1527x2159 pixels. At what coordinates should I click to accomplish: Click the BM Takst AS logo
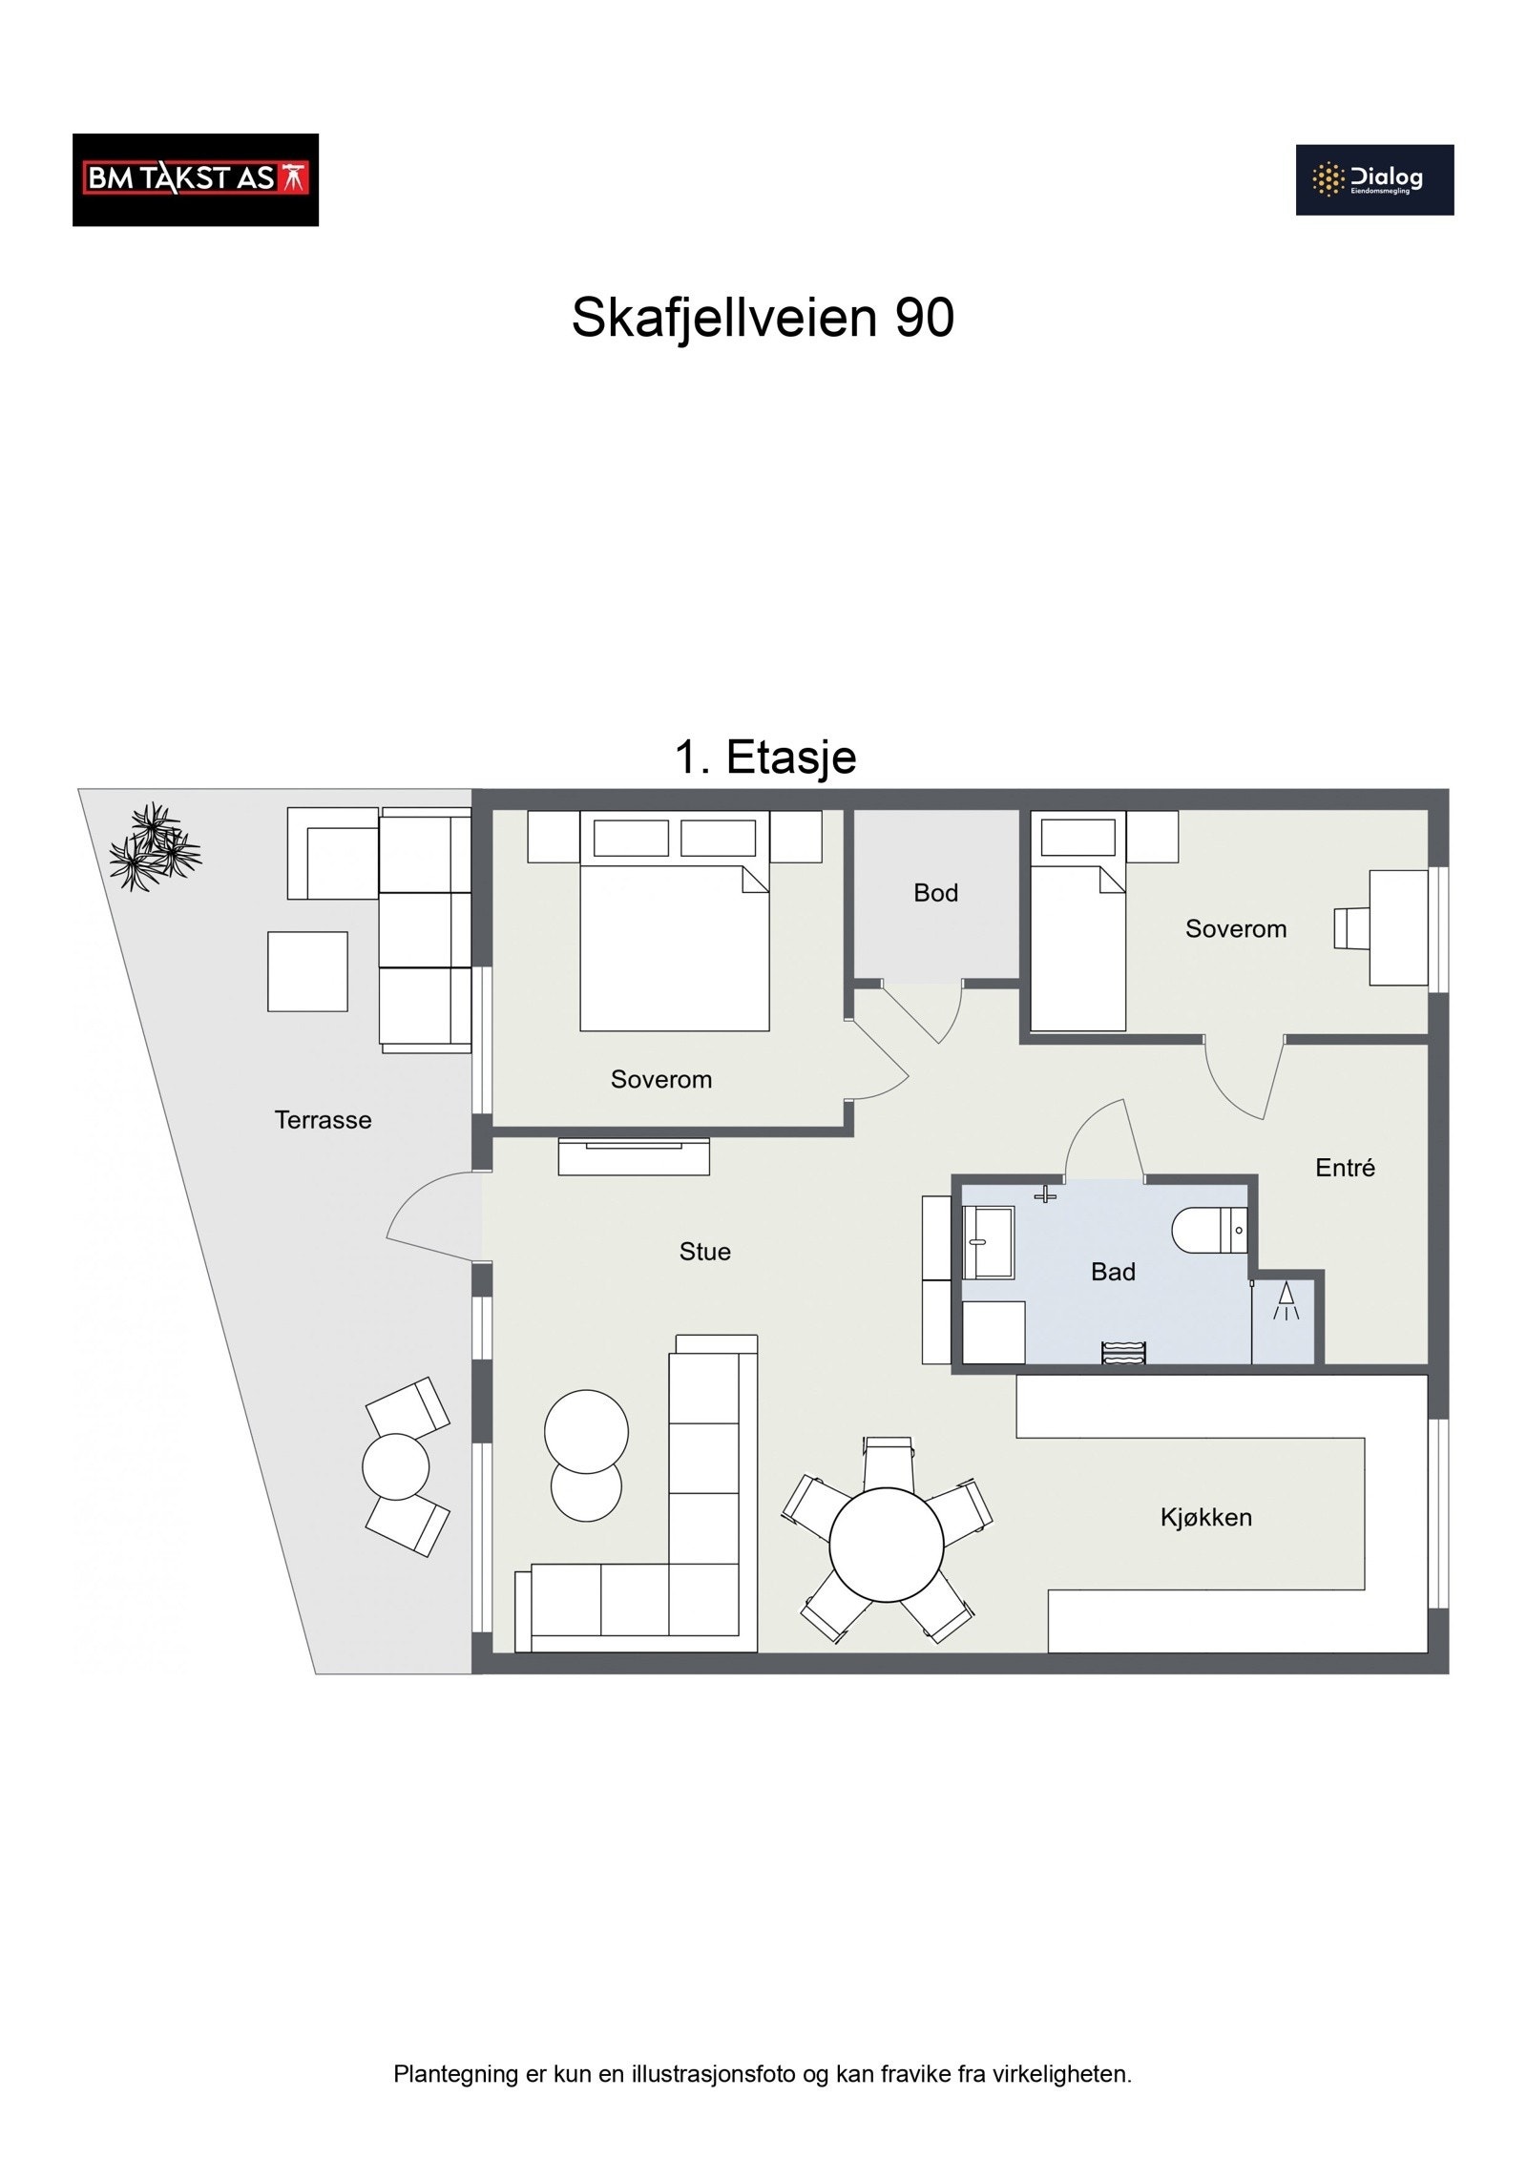click(195, 179)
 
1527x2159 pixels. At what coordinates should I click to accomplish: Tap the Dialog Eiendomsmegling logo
click(1373, 179)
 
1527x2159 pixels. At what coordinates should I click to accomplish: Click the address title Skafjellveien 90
click(762, 318)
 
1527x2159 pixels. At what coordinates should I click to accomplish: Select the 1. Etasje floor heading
click(764, 758)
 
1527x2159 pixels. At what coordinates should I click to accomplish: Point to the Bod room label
click(934, 893)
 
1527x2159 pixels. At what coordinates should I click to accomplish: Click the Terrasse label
click(323, 1120)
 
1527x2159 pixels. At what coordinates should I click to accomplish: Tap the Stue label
click(704, 1252)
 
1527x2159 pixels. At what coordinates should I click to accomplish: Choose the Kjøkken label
click(1205, 1517)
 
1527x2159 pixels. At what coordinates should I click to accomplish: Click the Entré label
click(1344, 1168)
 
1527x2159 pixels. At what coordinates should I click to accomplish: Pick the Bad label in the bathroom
click(1112, 1272)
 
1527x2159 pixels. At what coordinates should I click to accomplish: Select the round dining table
click(886, 1545)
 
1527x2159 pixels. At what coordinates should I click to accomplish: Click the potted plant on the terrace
click(153, 847)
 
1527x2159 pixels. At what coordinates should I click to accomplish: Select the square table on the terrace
click(307, 971)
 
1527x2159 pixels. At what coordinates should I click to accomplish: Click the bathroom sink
click(987, 1242)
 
